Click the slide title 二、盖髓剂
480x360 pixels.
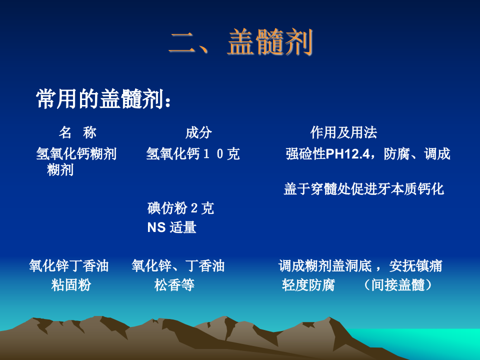click(241, 43)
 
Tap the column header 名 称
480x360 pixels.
click(77, 132)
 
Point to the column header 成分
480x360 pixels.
click(198, 132)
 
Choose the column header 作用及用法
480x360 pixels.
click(343, 132)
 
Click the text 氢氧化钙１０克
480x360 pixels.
click(192, 154)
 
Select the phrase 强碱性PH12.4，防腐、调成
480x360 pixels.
click(367, 154)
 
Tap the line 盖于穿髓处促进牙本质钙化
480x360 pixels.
click(363, 189)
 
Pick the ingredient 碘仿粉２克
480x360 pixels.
click(180, 208)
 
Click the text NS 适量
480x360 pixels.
click(171, 227)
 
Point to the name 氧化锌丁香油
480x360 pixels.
click(68, 265)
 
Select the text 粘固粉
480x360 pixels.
click(71, 285)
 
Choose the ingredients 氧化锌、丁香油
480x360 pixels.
click(178, 265)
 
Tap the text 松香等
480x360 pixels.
click(174, 285)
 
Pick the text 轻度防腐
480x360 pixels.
click(308, 285)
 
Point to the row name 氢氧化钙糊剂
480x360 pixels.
click(76, 154)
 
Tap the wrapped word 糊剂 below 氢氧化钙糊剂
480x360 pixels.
click(60, 170)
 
